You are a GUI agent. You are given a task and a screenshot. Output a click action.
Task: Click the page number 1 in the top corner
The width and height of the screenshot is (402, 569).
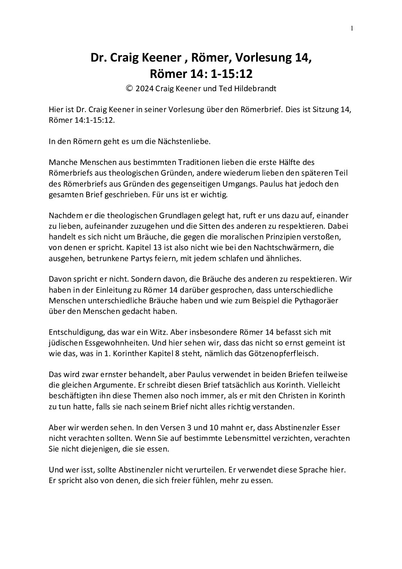pos(352,28)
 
